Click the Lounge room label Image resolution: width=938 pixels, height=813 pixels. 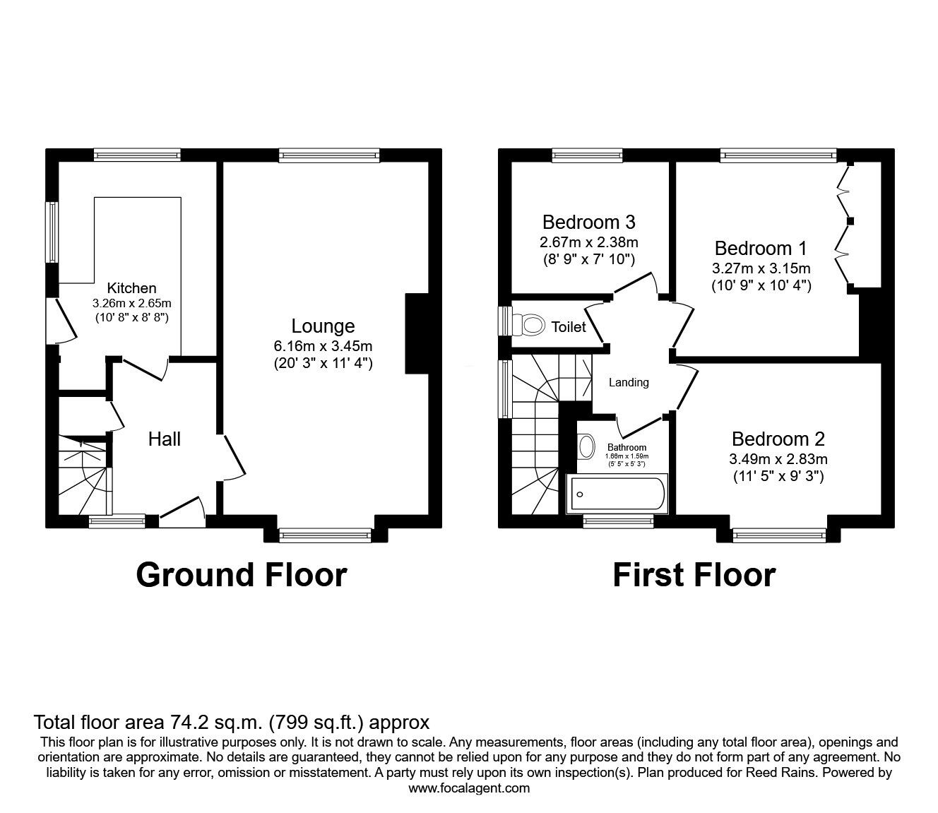[x=323, y=326]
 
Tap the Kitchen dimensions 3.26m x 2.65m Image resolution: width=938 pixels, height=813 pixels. [x=131, y=303]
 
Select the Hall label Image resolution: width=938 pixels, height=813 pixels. [x=164, y=439]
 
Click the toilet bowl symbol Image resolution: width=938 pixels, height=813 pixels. [x=532, y=325]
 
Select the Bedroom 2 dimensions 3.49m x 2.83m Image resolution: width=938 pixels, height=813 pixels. [x=778, y=459]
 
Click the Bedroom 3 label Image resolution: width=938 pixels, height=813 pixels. [x=588, y=222]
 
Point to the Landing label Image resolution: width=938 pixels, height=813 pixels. [x=629, y=383]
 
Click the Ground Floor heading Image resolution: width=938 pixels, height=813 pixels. [x=241, y=575]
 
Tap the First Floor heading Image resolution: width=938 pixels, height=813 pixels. [x=694, y=575]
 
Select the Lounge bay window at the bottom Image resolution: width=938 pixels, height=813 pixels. [x=326, y=536]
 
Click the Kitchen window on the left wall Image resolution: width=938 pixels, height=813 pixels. [x=52, y=232]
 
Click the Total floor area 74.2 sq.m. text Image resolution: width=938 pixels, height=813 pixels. [x=232, y=723]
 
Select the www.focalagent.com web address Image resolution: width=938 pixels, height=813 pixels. [x=469, y=788]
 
